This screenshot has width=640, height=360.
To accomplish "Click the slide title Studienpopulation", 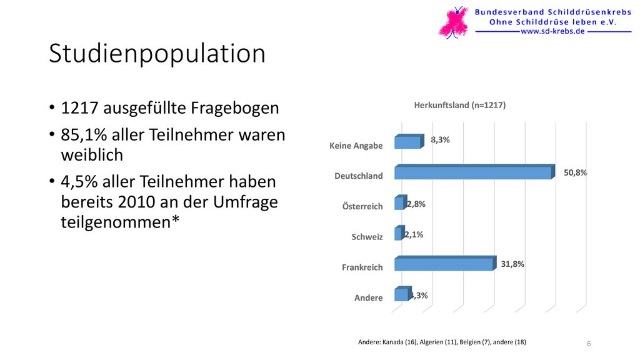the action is pos(157,54).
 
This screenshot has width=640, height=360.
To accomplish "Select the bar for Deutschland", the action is pos(475,172).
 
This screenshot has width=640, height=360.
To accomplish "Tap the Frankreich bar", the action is pos(445,263).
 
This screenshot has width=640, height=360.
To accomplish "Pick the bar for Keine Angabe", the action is pos(409,142).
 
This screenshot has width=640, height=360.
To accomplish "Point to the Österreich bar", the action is pos(401,202).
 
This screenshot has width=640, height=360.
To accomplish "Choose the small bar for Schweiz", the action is pos(399,233).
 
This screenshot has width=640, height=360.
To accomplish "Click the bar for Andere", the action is pos(403,294).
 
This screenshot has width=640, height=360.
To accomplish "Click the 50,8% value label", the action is pos(575,172).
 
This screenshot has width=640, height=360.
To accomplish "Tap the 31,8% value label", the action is pos(512,264).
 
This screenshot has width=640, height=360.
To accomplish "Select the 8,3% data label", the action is pos(440,139).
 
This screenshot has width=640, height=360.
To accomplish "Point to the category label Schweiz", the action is pos(367,237).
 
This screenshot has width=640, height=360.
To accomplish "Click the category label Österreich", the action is pos(362,206).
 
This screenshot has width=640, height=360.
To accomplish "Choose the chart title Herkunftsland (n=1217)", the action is pos(459,105).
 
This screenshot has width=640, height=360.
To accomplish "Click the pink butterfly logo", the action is pos(454,23).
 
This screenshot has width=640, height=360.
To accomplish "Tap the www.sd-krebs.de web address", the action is pos(553,31).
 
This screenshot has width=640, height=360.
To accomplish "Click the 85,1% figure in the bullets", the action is pos(84,135).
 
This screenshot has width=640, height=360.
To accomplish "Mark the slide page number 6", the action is pos(589,344).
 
